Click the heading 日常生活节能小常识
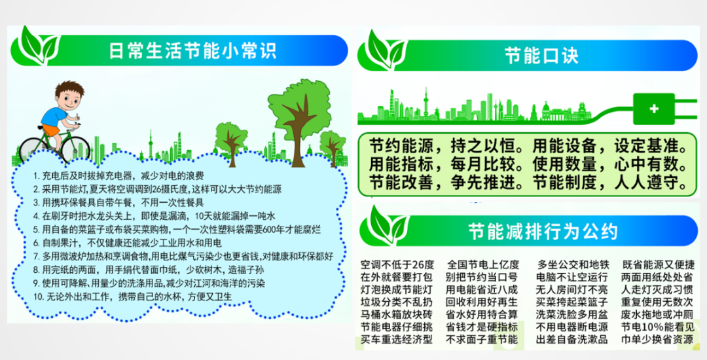(192, 50)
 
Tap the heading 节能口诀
(541, 56)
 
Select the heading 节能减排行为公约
(543, 231)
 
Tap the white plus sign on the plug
(654, 109)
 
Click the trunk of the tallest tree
(298, 135)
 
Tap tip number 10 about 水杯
(132, 297)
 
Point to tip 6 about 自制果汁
(128, 243)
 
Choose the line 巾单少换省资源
(657, 339)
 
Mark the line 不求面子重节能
(482, 339)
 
